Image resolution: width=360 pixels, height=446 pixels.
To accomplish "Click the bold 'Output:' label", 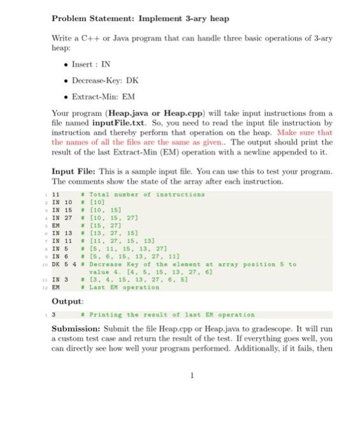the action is pos(68,301).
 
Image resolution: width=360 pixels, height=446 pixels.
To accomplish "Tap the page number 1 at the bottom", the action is pos(191,375).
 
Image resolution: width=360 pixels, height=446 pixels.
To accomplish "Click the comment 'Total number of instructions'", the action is pos(147,194).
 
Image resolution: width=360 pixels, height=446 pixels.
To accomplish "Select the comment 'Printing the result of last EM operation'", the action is pos(171,314).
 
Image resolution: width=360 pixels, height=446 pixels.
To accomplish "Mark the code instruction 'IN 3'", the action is pos(59,278).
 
